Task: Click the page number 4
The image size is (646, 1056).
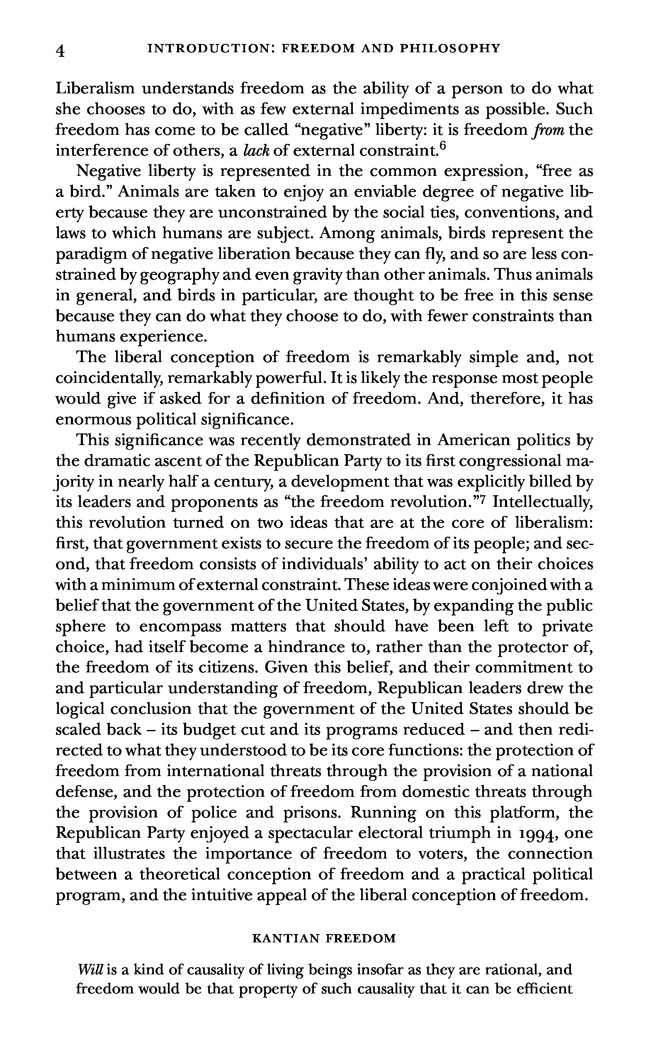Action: [61, 51]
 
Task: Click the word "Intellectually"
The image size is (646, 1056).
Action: [542, 502]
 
